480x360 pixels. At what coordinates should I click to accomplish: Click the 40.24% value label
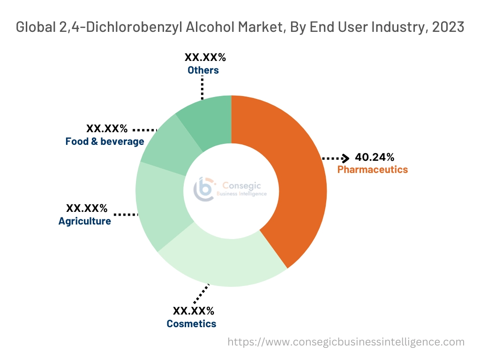click(375, 157)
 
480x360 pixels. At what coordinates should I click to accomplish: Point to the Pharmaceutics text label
click(373, 170)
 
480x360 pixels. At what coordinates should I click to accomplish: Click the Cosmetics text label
click(191, 323)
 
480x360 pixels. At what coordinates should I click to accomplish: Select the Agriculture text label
click(85, 221)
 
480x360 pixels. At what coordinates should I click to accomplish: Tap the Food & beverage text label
click(105, 141)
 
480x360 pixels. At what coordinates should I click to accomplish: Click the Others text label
click(203, 70)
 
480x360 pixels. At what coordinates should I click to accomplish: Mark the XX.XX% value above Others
click(205, 58)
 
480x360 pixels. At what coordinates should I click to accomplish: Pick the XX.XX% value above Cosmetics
click(194, 311)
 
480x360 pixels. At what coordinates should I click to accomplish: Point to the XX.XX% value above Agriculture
click(87, 208)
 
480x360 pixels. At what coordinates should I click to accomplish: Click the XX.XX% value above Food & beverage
click(107, 128)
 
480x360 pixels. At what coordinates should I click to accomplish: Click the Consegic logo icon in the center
click(204, 188)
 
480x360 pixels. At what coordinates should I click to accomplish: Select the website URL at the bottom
click(346, 342)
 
